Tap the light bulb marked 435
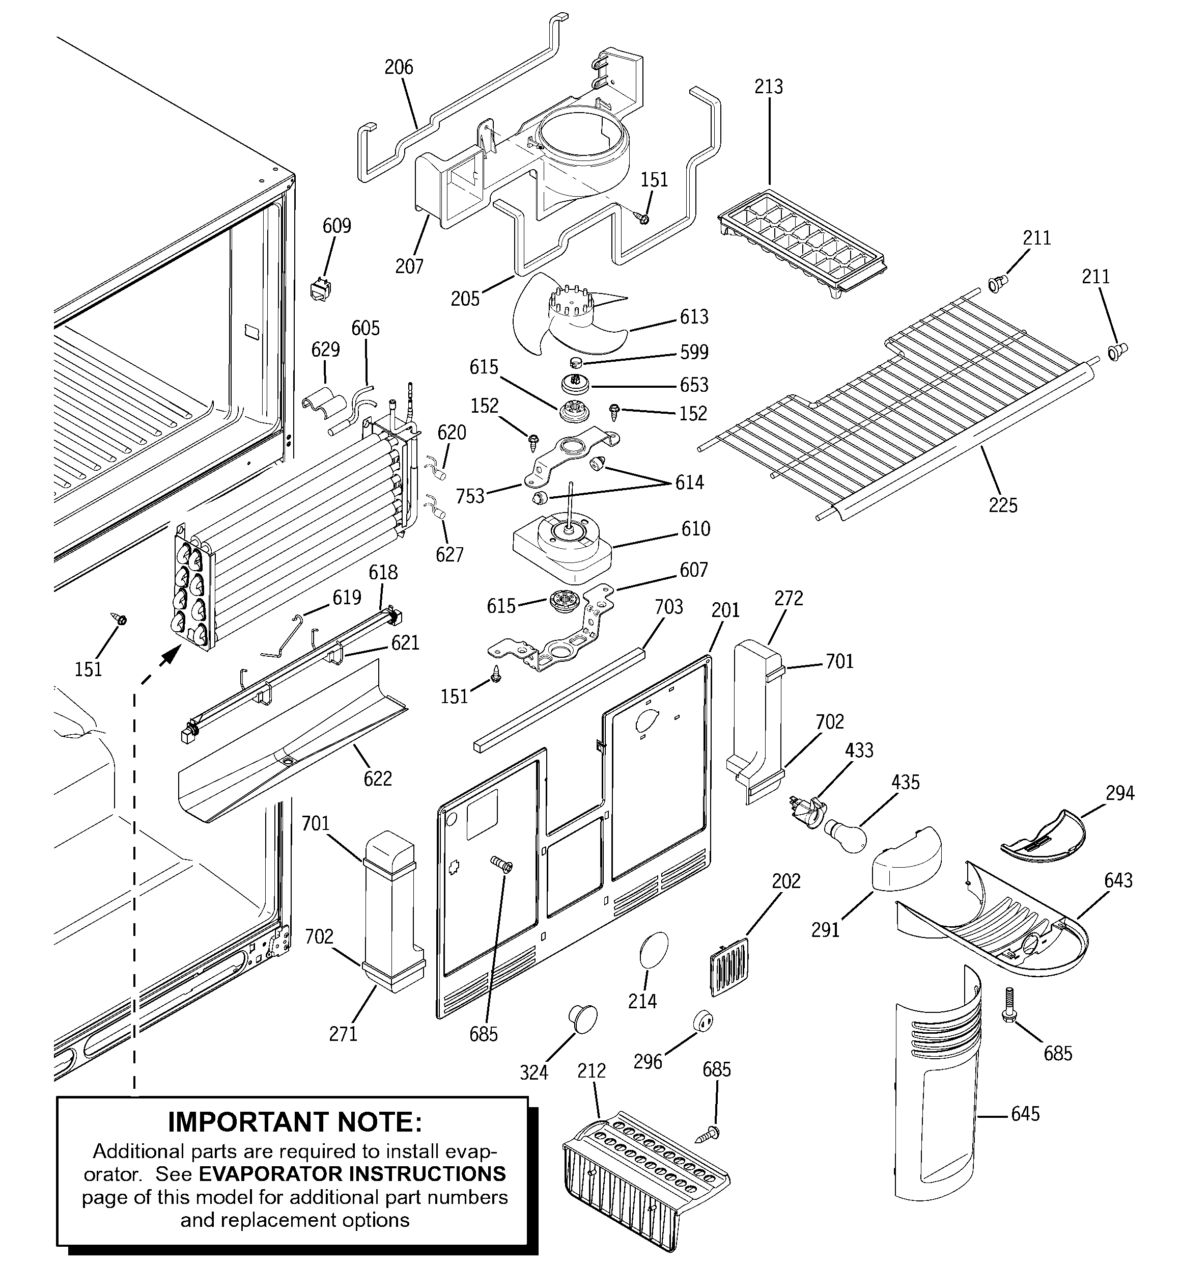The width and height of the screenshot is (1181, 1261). (845, 834)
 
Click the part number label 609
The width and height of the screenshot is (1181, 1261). (336, 226)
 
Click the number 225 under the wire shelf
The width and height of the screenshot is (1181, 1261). (1003, 505)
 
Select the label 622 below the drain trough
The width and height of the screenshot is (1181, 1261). (378, 779)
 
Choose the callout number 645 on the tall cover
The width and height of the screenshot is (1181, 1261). (1025, 1114)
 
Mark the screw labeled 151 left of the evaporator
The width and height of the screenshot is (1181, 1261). (119, 617)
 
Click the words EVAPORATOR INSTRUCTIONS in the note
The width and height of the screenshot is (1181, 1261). (352, 1173)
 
